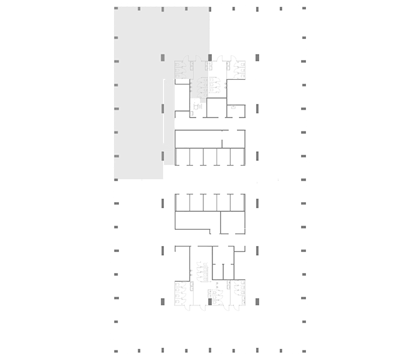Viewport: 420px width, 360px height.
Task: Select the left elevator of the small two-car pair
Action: (x=218, y=272)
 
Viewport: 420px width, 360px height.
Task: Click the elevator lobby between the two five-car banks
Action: (x=210, y=179)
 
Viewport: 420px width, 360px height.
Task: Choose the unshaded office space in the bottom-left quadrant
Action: (x=138, y=270)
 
